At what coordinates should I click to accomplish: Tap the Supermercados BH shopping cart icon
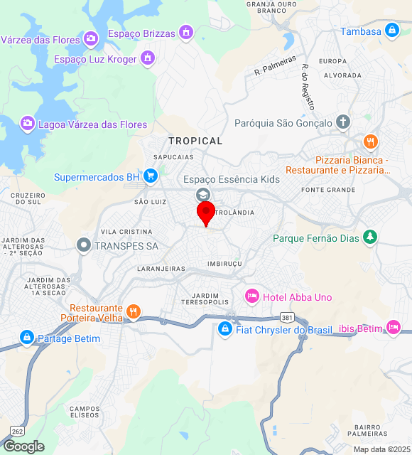[x=150, y=176]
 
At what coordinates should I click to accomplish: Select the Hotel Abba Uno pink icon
[x=251, y=296]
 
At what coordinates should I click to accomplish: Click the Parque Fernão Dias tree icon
[x=369, y=237]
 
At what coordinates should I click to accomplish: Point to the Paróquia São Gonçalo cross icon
[x=343, y=122]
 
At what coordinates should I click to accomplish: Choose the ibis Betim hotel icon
[x=394, y=327]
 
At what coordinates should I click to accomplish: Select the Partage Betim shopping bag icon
[x=27, y=337]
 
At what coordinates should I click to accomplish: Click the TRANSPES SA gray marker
[x=84, y=245]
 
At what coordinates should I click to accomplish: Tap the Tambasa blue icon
[x=391, y=31]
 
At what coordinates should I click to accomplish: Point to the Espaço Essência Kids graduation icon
[x=203, y=195]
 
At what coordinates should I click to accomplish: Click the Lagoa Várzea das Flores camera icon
[x=28, y=124]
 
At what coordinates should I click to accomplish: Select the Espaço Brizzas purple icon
[x=185, y=32]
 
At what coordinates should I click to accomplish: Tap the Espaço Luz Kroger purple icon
[x=148, y=58]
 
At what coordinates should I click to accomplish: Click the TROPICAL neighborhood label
[x=195, y=141]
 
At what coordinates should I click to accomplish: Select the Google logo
[x=23, y=446]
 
